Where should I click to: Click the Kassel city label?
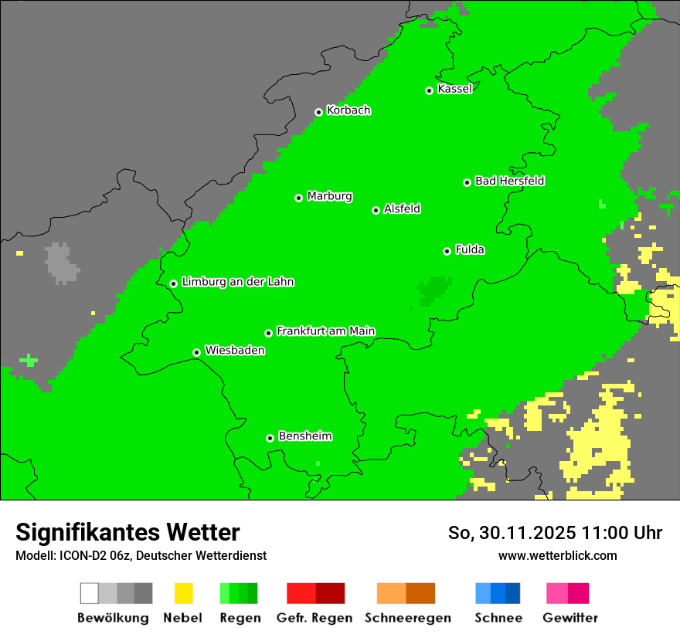click(x=454, y=89)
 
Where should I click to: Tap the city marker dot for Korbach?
click(x=318, y=112)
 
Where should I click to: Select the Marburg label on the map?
click(x=329, y=196)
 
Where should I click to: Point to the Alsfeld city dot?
click(x=376, y=210)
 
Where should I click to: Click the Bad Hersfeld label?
click(x=509, y=181)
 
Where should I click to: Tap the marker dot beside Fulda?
click(x=447, y=251)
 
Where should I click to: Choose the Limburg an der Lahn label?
click(x=237, y=282)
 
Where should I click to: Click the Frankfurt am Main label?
click(x=325, y=331)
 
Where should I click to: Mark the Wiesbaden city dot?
click(x=197, y=352)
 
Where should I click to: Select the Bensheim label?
click(x=304, y=436)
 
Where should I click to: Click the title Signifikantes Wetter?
click(x=127, y=532)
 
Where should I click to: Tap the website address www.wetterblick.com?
click(x=557, y=555)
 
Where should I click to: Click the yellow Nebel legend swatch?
click(x=183, y=593)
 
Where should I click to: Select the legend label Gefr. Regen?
click(x=314, y=618)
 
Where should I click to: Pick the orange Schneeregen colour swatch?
click(x=391, y=593)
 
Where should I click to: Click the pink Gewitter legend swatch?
click(x=557, y=593)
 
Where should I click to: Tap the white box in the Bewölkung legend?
click(x=90, y=593)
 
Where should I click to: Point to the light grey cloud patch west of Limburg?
click(x=61, y=263)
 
